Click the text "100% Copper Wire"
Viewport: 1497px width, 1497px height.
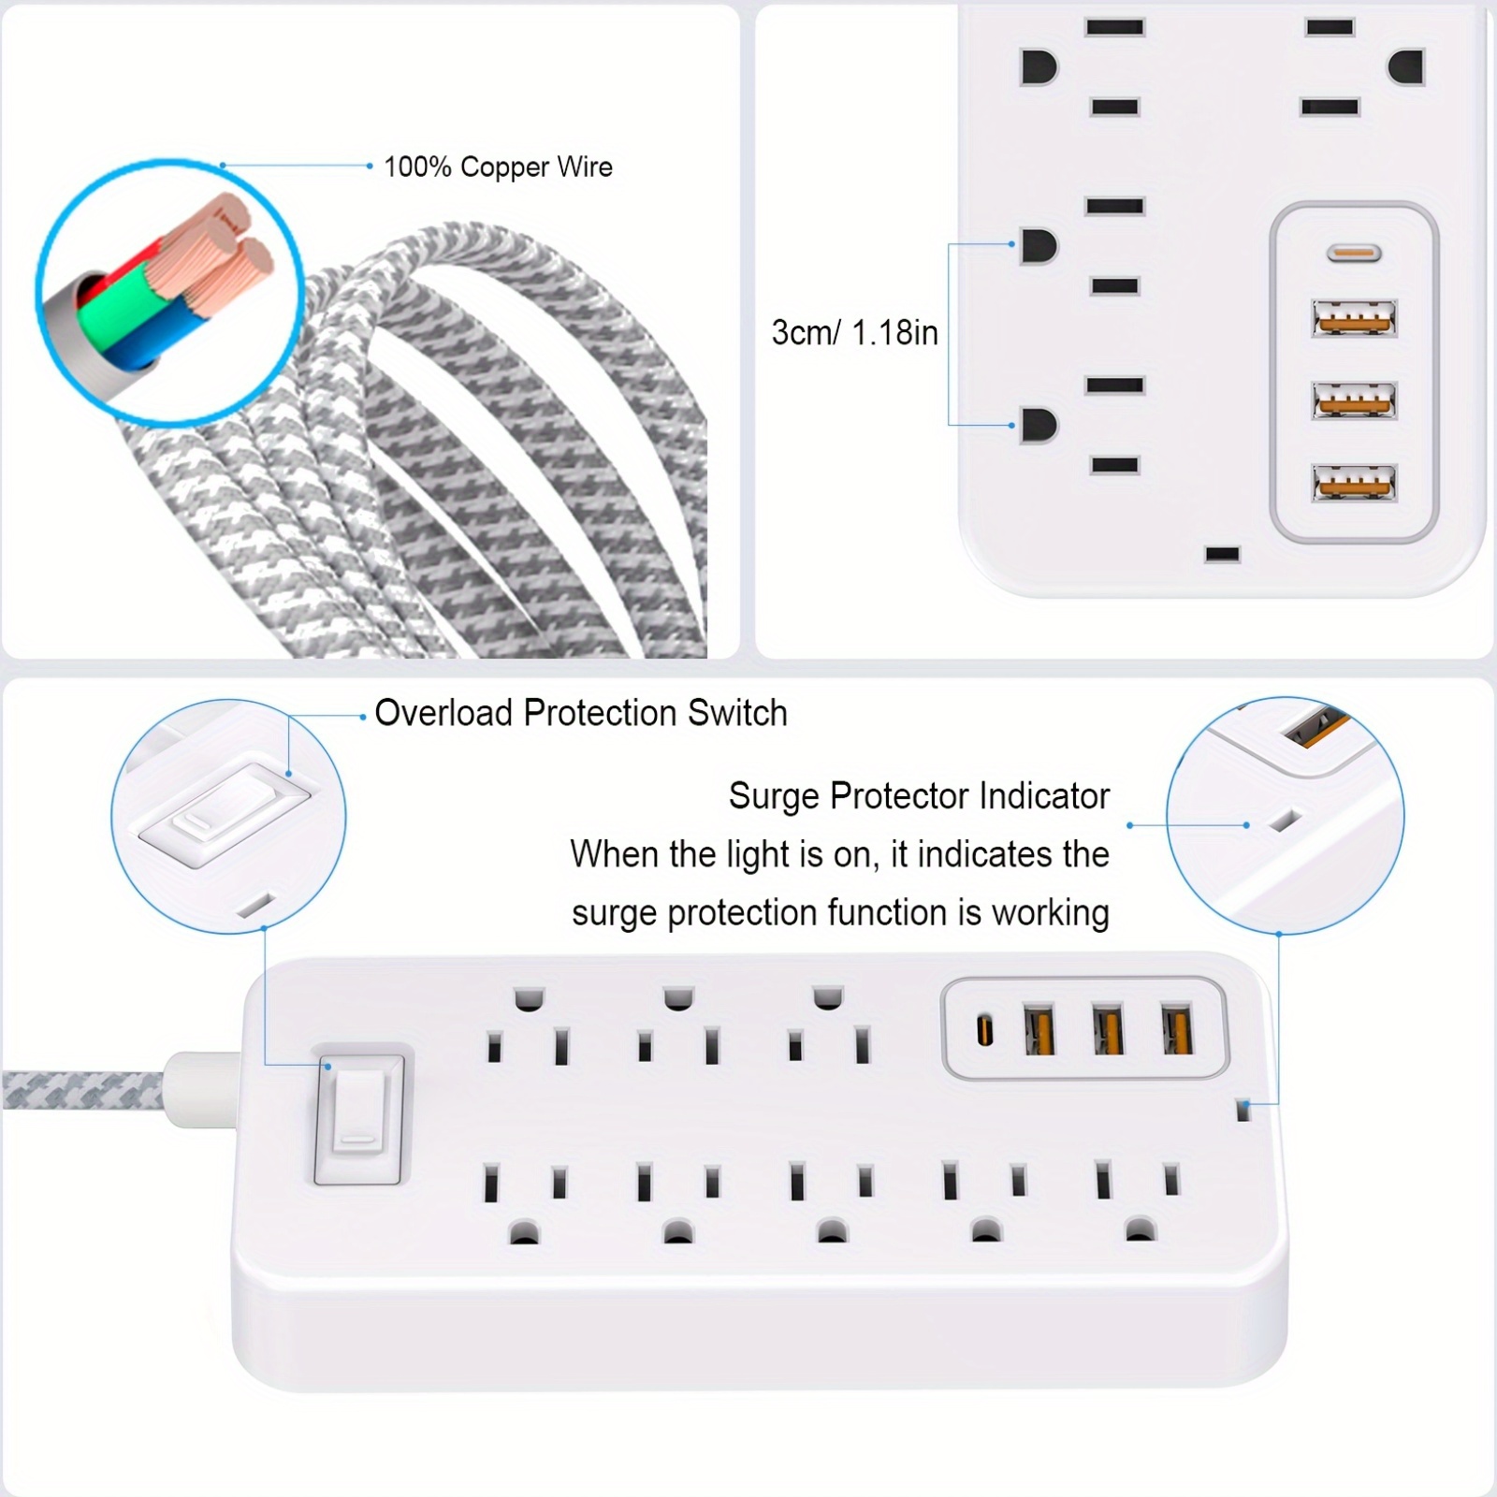[498, 167]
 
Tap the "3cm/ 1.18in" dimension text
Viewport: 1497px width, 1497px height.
[854, 333]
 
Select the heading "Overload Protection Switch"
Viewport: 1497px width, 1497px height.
[581, 713]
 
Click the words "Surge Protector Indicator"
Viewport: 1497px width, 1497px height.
[919, 796]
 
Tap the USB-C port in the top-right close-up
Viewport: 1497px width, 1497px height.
[1354, 253]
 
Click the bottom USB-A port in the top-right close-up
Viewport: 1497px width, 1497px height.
[1354, 484]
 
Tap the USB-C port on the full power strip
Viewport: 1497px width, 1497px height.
[984, 1031]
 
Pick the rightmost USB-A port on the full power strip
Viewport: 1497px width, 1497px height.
[1177, 1029]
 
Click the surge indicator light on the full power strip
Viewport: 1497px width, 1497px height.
[1243, 1111]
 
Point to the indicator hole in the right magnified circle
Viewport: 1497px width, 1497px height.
[1284, 821]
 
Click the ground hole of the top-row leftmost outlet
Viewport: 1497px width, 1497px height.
[529, 998]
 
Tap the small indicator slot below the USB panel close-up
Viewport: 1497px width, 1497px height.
[1222, 555]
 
